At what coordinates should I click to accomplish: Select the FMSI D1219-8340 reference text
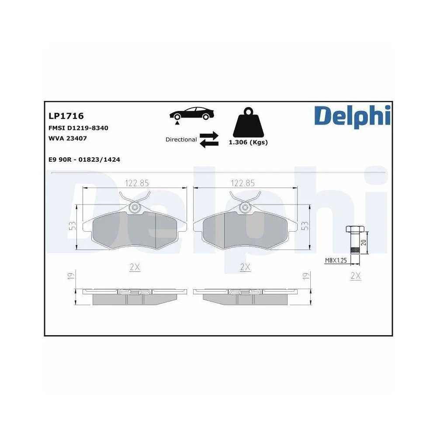tap(78, 128)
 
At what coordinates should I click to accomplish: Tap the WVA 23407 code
tap(68, 139)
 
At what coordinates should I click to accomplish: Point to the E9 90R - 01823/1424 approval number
tap(84, 160)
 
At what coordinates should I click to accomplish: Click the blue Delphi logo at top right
tap(351, 115)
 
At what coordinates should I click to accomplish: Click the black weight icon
tap(248, 122)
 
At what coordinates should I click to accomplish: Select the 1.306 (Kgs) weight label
tap(248, 142)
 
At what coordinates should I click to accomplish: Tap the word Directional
tap(181, 140)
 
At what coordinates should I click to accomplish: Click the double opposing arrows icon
tap(209, 139)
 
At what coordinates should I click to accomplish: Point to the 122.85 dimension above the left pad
tap(135, 183)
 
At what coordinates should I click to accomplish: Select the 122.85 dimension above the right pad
tap(243, 183)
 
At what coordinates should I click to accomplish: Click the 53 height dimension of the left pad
tap(73, 226)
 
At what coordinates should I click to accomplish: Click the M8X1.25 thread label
tap(335, 260)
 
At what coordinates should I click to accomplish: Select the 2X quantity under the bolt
tap(356, 276)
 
